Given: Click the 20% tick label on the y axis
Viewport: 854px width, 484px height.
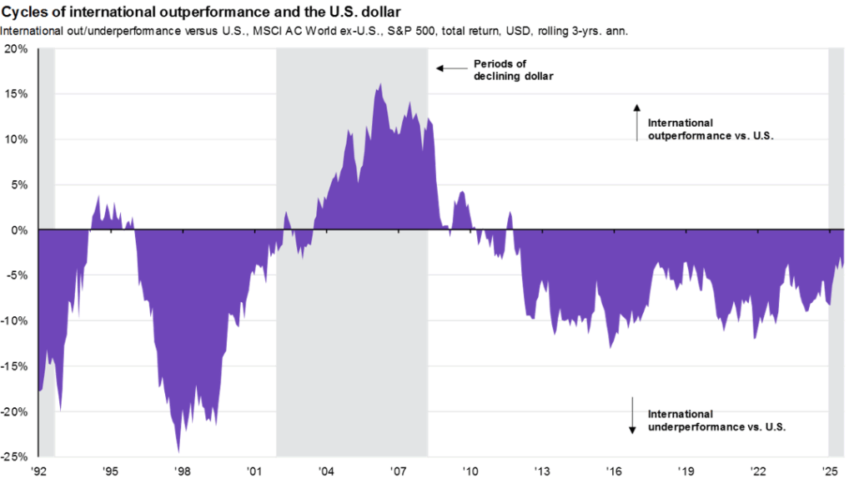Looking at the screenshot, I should click(x=17, y=48).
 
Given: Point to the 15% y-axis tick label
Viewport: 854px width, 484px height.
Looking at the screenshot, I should click(x=17, y=93).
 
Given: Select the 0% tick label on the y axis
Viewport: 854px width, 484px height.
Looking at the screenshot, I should click(x=20, y=229).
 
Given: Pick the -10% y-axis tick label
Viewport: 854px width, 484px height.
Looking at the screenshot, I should click(x=15, y=320).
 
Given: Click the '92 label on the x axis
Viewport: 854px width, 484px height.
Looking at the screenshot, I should click(x=38, y=471).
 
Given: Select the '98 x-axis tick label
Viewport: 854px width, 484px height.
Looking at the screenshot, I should click(x=183, y=471).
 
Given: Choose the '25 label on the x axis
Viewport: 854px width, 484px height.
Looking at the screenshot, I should click(x=830, y=471).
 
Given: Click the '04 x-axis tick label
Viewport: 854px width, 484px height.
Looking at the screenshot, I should click(x=328, y=471).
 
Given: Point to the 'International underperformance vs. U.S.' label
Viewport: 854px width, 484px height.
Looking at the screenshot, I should click(x=717, y=420).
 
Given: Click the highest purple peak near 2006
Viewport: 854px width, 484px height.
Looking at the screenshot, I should click(x=380, y=84).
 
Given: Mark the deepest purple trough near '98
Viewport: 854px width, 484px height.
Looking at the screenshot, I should click(x=178, y=451).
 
